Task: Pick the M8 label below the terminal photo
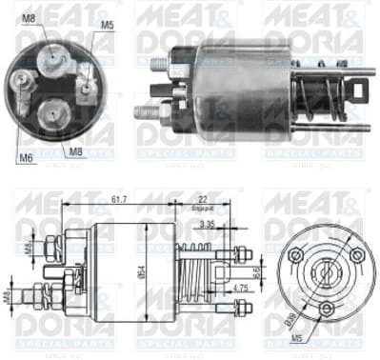(74, 150)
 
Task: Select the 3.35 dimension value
(206, 225)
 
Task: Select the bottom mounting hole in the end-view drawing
(326, 309)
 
